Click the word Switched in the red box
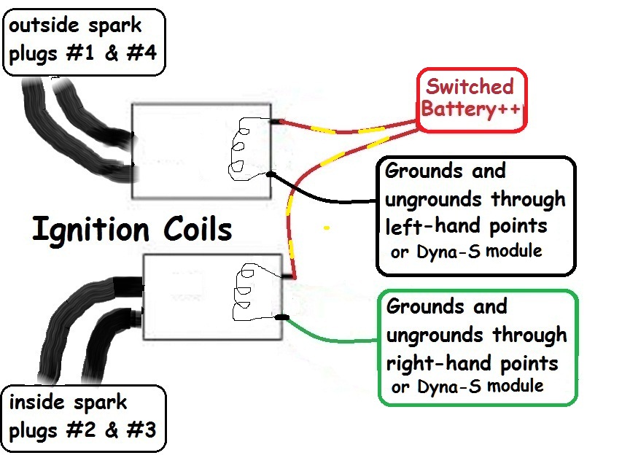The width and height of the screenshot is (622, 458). (x=470, y=87)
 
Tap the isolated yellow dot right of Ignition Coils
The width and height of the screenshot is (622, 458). (x=327, y=228)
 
